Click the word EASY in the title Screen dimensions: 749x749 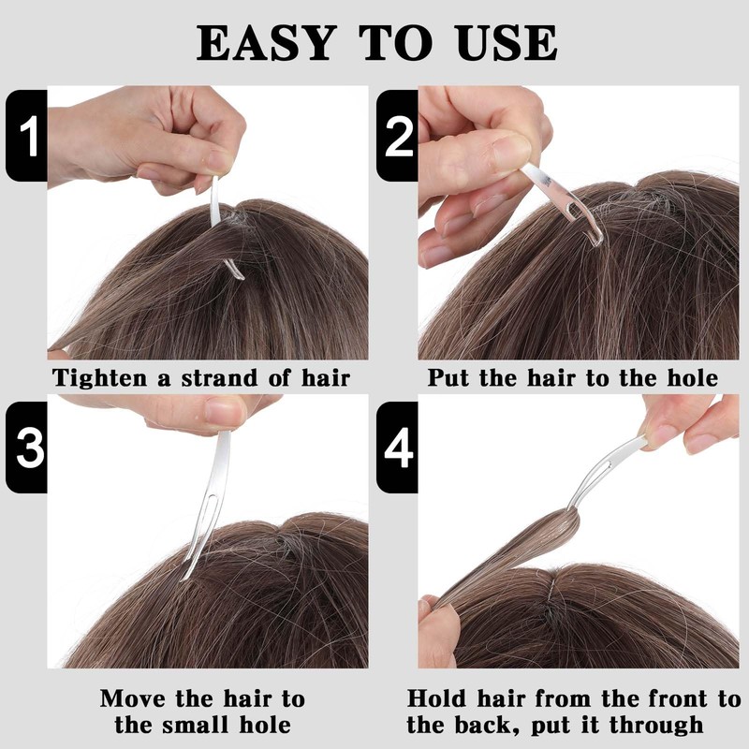pyautogui.click(x=266, y=43)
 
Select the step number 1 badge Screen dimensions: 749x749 pyautogui.click(x=27, y=136)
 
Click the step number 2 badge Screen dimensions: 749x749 pyautogui.click(x=397, y=136)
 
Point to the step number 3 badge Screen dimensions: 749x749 pyautogui.click(x=27, y=448)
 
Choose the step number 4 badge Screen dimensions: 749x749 pyautogui.click(x=397, y=448)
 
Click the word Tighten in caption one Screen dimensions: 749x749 pyautogui.click(x=100, y=378)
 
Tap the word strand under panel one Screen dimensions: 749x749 pyautogui.click(x=220, y=378)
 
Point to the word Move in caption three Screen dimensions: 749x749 pyautogui.click(x=134, y=698)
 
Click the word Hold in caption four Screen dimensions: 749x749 pyautogui.click(x=436, y=698)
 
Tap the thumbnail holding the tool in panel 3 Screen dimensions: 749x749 pyautogui.click(x=224, y=411)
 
